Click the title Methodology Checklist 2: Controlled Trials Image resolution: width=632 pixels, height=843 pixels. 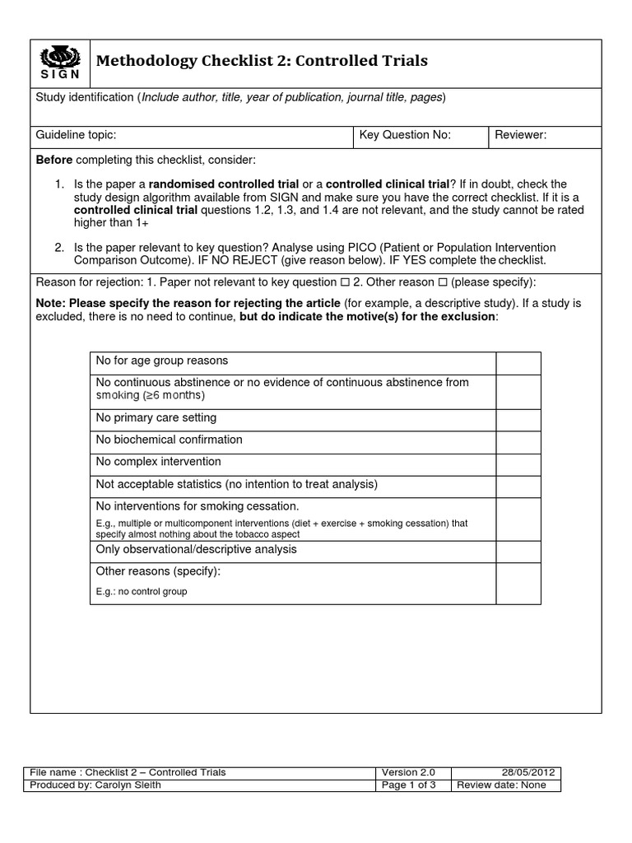coord(263,61)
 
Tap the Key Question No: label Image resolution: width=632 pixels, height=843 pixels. coord(406,136)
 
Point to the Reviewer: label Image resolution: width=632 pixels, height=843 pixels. coord(520,136)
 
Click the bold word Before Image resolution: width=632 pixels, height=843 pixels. coord(53,159)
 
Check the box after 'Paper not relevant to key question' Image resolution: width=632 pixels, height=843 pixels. coord(346,282)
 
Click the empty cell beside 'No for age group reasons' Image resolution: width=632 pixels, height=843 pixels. coord(518,363)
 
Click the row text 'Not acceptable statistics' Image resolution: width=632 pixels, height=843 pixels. coord(236,484)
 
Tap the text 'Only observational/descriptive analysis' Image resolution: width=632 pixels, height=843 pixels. coord(197,549)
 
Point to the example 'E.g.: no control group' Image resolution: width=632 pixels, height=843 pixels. coord(142,591)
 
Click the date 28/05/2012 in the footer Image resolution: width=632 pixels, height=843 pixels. coord(530,772)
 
